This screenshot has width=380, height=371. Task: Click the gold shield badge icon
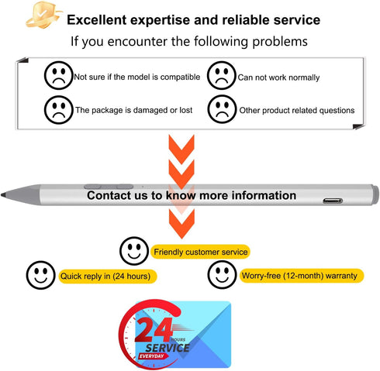click(x=43, y=15)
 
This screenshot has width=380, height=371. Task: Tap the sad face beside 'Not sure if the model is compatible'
click(x=59, y=75)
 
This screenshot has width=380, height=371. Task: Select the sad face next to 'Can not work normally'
click(x=222, y=75)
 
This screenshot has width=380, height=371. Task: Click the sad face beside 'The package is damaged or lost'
click(x=59, y=109)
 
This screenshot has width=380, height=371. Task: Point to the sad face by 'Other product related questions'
click(x=222, y=109)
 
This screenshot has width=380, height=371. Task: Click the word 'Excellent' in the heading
click(x=97, y=20)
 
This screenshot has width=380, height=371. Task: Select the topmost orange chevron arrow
click(x=181, y=149)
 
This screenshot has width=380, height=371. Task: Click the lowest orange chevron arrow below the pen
click(x=181, y=224)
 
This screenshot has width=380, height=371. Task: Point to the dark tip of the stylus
click(x=3, y=195)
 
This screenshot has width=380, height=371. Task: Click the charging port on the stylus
click(x=333, y=201)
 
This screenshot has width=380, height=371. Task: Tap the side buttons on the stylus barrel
click(x=109, y=187)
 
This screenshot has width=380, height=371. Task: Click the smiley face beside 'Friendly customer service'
click(x=134, y=251)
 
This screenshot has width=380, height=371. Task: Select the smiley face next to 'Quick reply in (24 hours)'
click(x=40, y=275)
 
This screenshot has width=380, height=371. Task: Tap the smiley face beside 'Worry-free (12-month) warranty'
click(x=222, y=274)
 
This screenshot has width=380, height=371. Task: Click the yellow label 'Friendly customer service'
click(x=200, y=252)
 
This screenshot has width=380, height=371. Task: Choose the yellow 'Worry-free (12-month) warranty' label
click(x=301, y=276)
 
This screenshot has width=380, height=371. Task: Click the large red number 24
click(x=154, y=329)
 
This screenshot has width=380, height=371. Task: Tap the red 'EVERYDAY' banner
click(x=152, y=356)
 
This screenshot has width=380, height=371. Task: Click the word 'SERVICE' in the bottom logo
click(x=168, y=348)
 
